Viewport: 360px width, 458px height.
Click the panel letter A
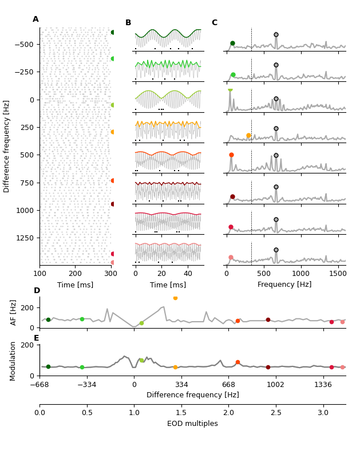click(35, 19)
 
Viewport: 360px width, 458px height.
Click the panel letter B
click(128, 23)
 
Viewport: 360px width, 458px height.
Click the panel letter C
click(215, 23)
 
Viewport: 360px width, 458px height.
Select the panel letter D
click(37, 291)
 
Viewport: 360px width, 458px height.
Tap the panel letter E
click(37, 338)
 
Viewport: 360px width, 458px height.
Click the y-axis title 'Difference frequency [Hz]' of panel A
click(7, 146)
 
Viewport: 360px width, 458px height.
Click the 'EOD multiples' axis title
click(192, 424)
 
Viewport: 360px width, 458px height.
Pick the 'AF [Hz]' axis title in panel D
click(14, 313)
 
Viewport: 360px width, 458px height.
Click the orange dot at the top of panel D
click(175, 298)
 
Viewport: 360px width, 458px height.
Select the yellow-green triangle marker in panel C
click(230, 90)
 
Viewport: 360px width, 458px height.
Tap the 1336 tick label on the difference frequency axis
click(323, 384)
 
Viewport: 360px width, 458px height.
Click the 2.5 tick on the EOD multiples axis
click(276, 412)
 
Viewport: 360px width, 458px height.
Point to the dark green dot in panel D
click(48, 320)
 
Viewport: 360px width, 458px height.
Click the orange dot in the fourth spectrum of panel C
click(248, 136)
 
